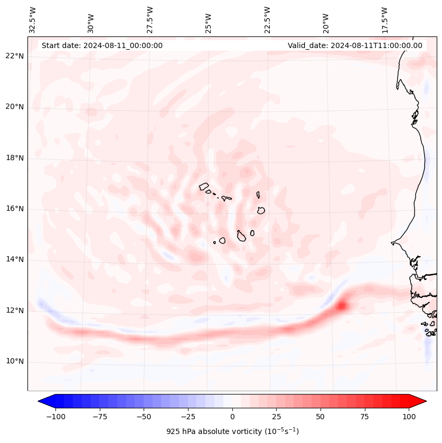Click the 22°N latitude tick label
[14, 56]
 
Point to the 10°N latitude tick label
[14, 362]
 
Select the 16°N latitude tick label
[14, 209]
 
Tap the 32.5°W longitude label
[33, 20]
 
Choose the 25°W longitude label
[209, 20]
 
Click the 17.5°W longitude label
[385, 20]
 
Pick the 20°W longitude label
[326, 20]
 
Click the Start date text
[102, 45]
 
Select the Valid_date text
[355, 45]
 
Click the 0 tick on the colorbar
[232, 417]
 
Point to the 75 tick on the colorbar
[365, 417]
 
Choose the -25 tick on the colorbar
[188, 417]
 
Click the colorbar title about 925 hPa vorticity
[232, 431]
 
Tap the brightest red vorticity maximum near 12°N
[342, 305]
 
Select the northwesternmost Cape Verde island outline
[204, 186]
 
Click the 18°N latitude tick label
[14, 158]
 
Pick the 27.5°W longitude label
[150, 20]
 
